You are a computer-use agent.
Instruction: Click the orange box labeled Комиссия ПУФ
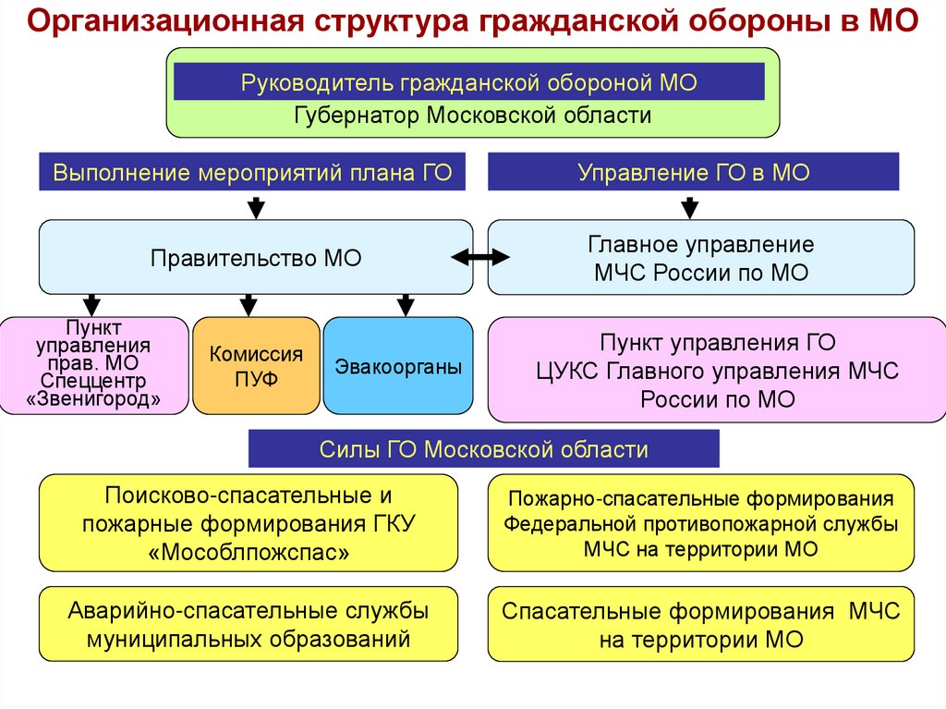click(256, 365)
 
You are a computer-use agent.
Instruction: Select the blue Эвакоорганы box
click(398, 365)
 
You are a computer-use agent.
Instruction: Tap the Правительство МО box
click(255, 258)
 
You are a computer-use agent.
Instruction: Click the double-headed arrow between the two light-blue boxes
click(480, 257)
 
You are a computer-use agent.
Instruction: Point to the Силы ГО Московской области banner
click(483, 450)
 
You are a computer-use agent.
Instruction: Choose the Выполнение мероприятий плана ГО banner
click(252, 173)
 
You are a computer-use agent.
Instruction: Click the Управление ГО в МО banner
click(693, 173)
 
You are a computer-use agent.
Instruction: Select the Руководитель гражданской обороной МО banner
click(468, 83)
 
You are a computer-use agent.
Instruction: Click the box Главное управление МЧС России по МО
click(700, 258)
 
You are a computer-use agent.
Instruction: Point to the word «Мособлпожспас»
click(249, 552)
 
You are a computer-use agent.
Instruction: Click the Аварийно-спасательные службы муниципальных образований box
click(249, 624)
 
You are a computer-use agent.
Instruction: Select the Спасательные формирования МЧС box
click(700, 624)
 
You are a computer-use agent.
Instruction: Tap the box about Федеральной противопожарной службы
click(700, 523)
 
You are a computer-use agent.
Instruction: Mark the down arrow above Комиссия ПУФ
click(248, 304)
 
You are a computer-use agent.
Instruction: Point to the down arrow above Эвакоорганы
click(405, 304)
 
